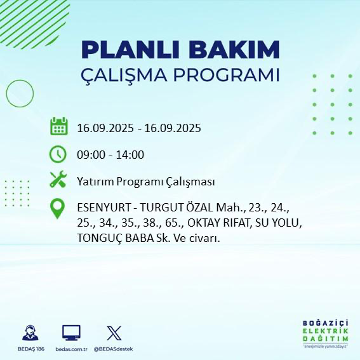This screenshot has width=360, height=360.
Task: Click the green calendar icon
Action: tap(58, 126)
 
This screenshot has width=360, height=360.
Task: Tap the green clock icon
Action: tap(58, 154)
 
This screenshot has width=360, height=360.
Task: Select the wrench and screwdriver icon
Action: tap(58, 180)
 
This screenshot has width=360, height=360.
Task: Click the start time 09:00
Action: tap(90, 154)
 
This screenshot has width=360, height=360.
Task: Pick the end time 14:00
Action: tap(130, 154)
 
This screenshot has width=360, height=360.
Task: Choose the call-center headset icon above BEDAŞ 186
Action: tap(30, 332)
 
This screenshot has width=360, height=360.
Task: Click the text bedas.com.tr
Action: tap(70, 349)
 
